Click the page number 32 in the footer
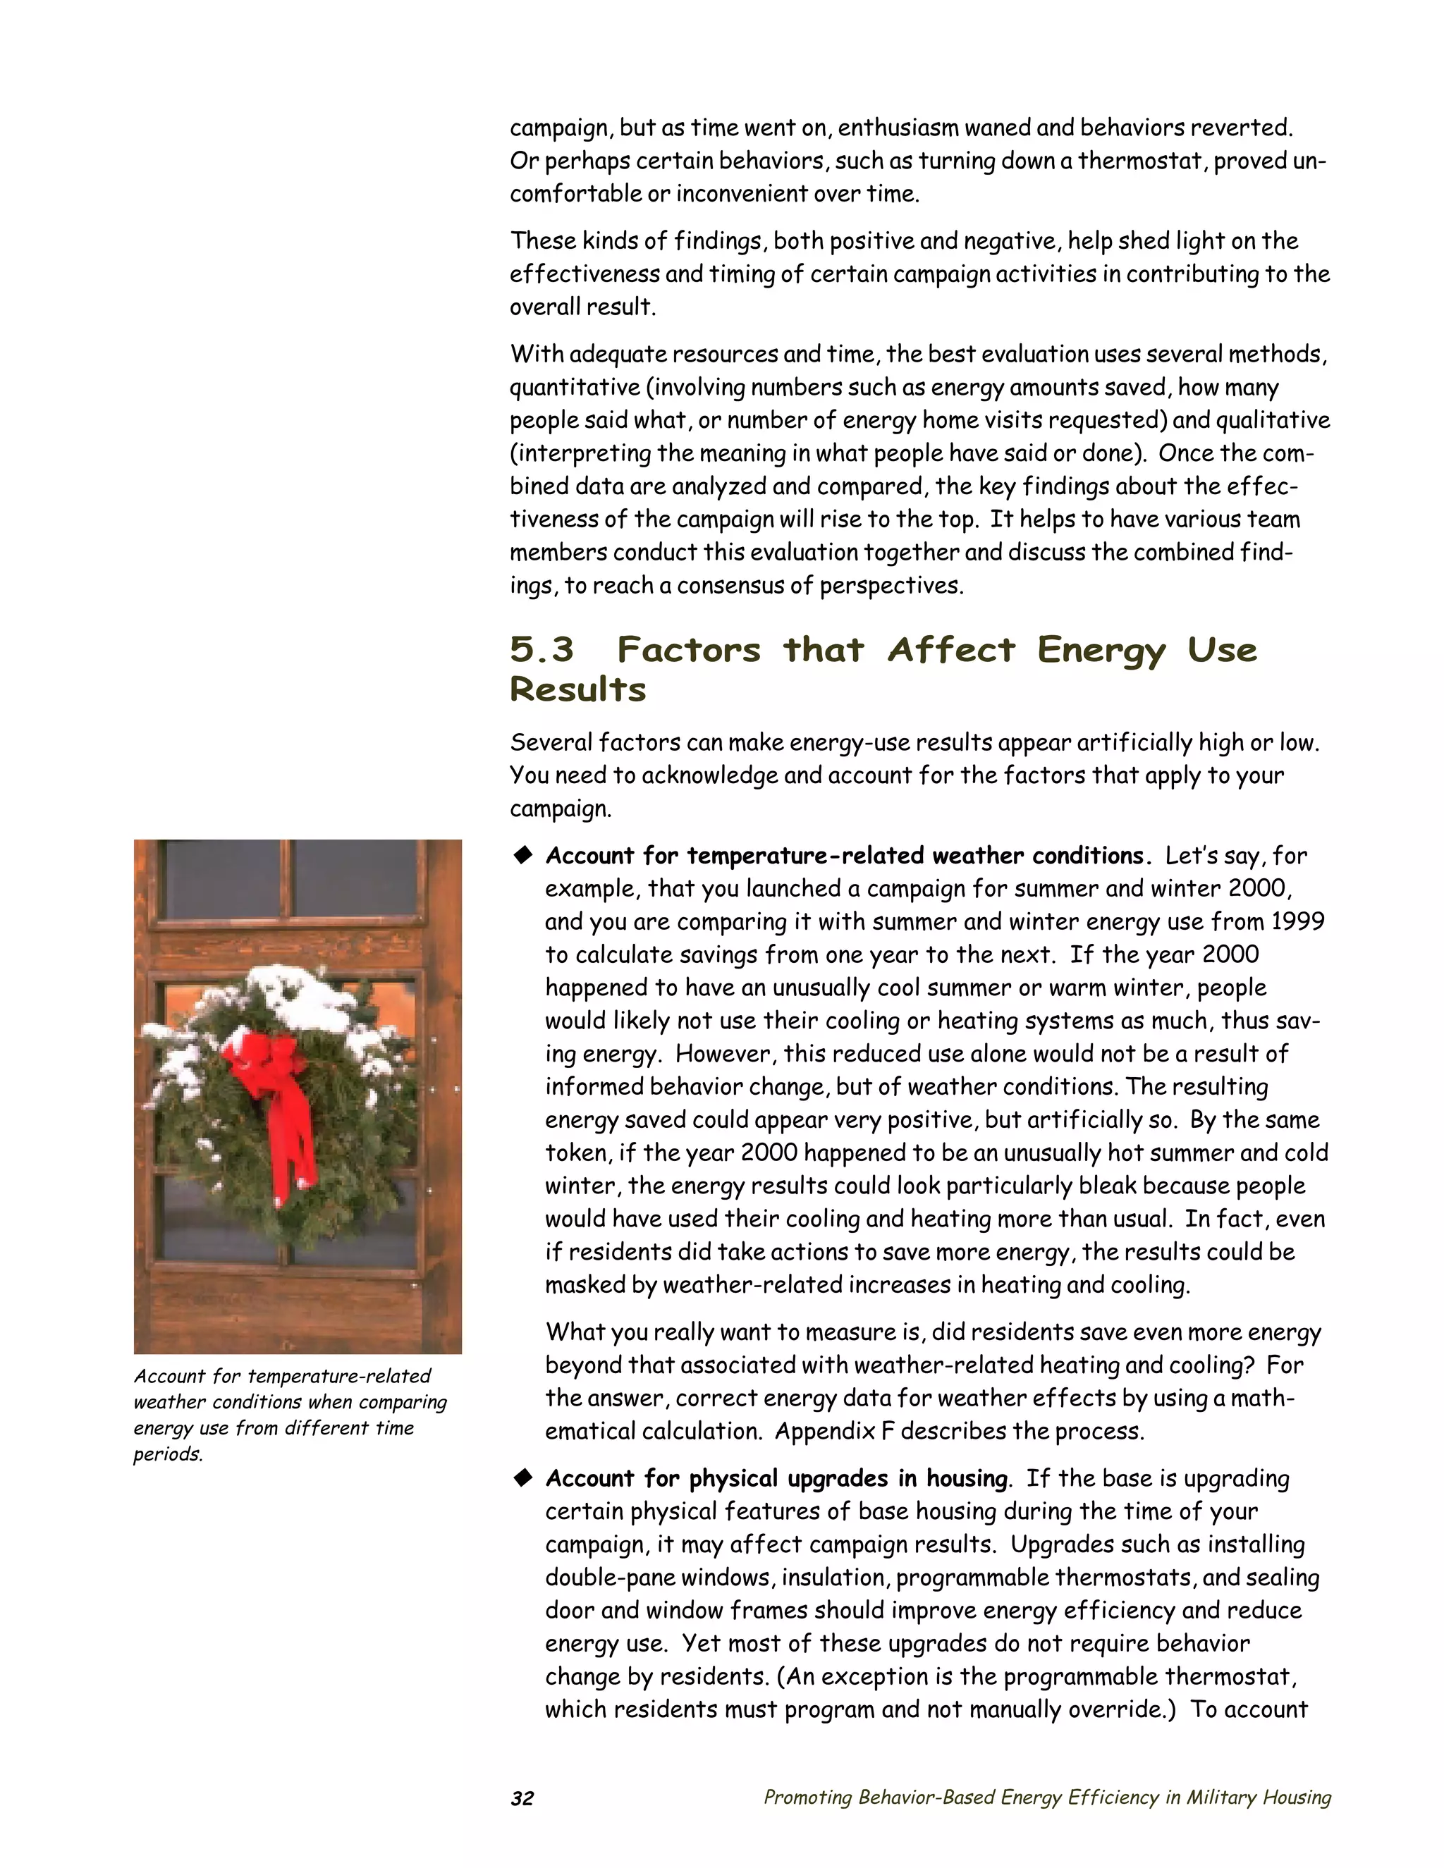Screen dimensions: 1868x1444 (522, 1798)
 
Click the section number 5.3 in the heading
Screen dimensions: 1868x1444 (541, 650)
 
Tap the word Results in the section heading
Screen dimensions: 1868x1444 (577, 689)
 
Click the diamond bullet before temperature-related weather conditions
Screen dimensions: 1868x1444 (522, 854)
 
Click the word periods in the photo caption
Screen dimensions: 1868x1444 (168, 1454)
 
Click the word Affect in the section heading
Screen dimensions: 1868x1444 (950, 650)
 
